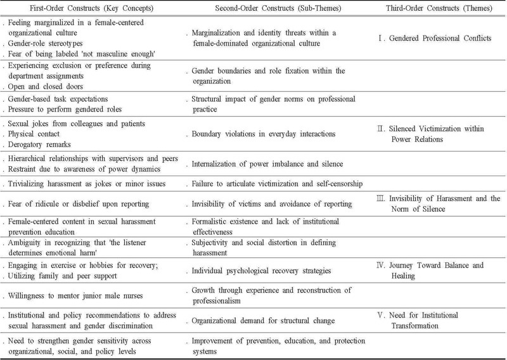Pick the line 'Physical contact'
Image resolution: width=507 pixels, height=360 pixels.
coord(34,134)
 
